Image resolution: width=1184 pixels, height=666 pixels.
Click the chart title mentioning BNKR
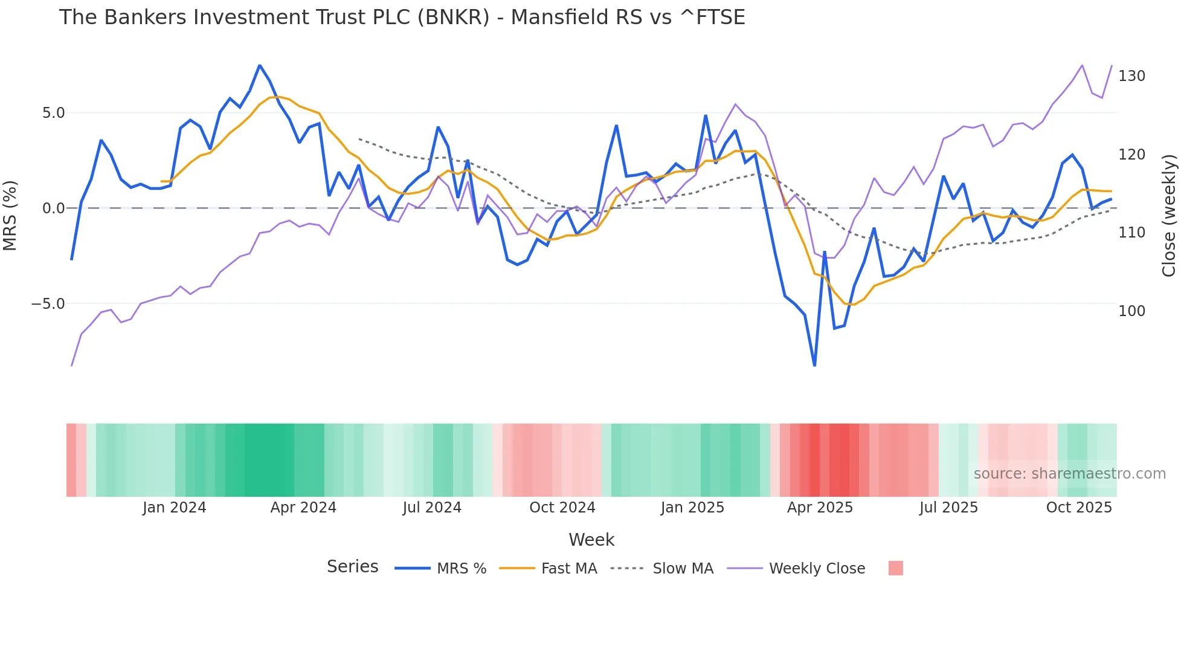(402, 17)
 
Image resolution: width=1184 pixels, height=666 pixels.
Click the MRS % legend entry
(461, 569)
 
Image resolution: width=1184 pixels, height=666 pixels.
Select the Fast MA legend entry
(568, 569)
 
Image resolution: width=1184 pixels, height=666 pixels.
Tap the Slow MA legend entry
(683, 569)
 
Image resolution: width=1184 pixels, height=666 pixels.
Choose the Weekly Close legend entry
(817, 569)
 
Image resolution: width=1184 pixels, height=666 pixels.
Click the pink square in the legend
(895, 568)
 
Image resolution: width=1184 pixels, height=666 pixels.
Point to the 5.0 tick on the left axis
(53, 113)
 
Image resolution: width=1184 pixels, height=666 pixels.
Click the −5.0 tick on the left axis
(48, 304)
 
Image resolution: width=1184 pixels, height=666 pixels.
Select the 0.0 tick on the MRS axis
(53, 209)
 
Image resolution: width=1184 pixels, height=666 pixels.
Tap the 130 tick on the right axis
(1131, 76)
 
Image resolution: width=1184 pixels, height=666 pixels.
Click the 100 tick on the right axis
(1131, 311)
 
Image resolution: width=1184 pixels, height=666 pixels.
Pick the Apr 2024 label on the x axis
(303, 508)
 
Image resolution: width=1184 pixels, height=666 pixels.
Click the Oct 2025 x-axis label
(1079, 508)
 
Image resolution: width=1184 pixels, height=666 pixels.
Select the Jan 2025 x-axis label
(692, 508)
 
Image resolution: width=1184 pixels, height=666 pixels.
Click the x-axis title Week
(591, 540)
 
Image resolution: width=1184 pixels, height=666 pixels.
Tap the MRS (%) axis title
(10, 216)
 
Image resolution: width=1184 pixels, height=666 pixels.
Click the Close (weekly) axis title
(1169, 216)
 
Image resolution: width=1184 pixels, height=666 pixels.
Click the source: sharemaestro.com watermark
(1069, 474)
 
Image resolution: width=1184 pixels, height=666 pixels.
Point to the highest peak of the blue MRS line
(260, 65)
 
